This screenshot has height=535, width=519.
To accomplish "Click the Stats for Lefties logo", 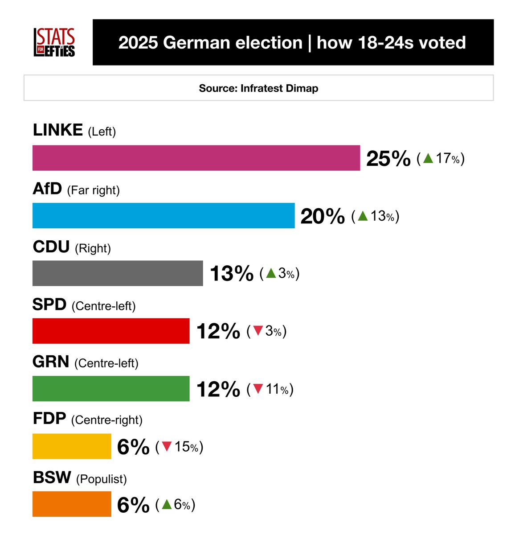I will click(x=54, y=42).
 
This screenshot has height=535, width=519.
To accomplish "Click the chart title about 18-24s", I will click(x=292, y=43).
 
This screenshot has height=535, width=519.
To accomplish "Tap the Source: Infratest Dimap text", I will click(x=258, y=88).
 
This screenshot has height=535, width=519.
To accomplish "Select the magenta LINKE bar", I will click(x=196, y=158).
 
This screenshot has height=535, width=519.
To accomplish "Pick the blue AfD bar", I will click(x=163, y=216).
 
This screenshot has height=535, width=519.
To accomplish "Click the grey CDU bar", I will click(x=118, y=273).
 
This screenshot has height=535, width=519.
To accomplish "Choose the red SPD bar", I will click(x=111, y=331).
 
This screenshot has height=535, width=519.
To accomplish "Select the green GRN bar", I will click(x=111, y=389).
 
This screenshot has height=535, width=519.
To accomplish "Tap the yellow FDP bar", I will click(x=72, y=446).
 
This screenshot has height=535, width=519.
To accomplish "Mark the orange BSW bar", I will click(x=72, y=504).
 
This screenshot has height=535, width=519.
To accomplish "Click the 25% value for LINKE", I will click(x=388, y=159).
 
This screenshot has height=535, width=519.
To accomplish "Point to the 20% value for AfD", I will click(x=323, y=217).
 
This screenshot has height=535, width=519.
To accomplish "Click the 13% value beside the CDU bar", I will click(x=231, y=274).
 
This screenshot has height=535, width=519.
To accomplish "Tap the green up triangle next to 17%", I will click(x=428, y=158).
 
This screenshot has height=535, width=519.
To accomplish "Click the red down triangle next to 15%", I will click(x=167, y=446).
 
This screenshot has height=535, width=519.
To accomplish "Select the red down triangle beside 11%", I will click(x=258, y=389).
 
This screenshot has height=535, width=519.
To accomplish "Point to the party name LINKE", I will click(x=58, y=130).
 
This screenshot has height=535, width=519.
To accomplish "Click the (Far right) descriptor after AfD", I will click(x=93, y=190).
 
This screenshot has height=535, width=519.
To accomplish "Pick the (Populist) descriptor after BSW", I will click(x=102, y=479).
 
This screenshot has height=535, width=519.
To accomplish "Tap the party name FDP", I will click(x=49, y=419).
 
